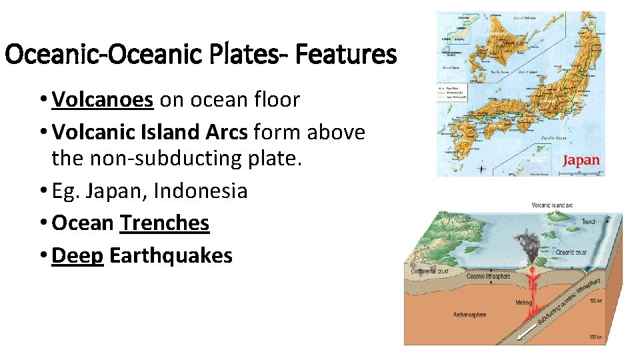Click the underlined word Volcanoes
pyautogui.click(x=103, y=100)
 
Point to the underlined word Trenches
pyautogui.click(x=165, y=223)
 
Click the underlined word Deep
pyautogui.click(x=77, y=255)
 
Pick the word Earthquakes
pyautogui.click(x=171, y=255)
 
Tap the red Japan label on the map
pyautogui.click(x=581, y=161)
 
